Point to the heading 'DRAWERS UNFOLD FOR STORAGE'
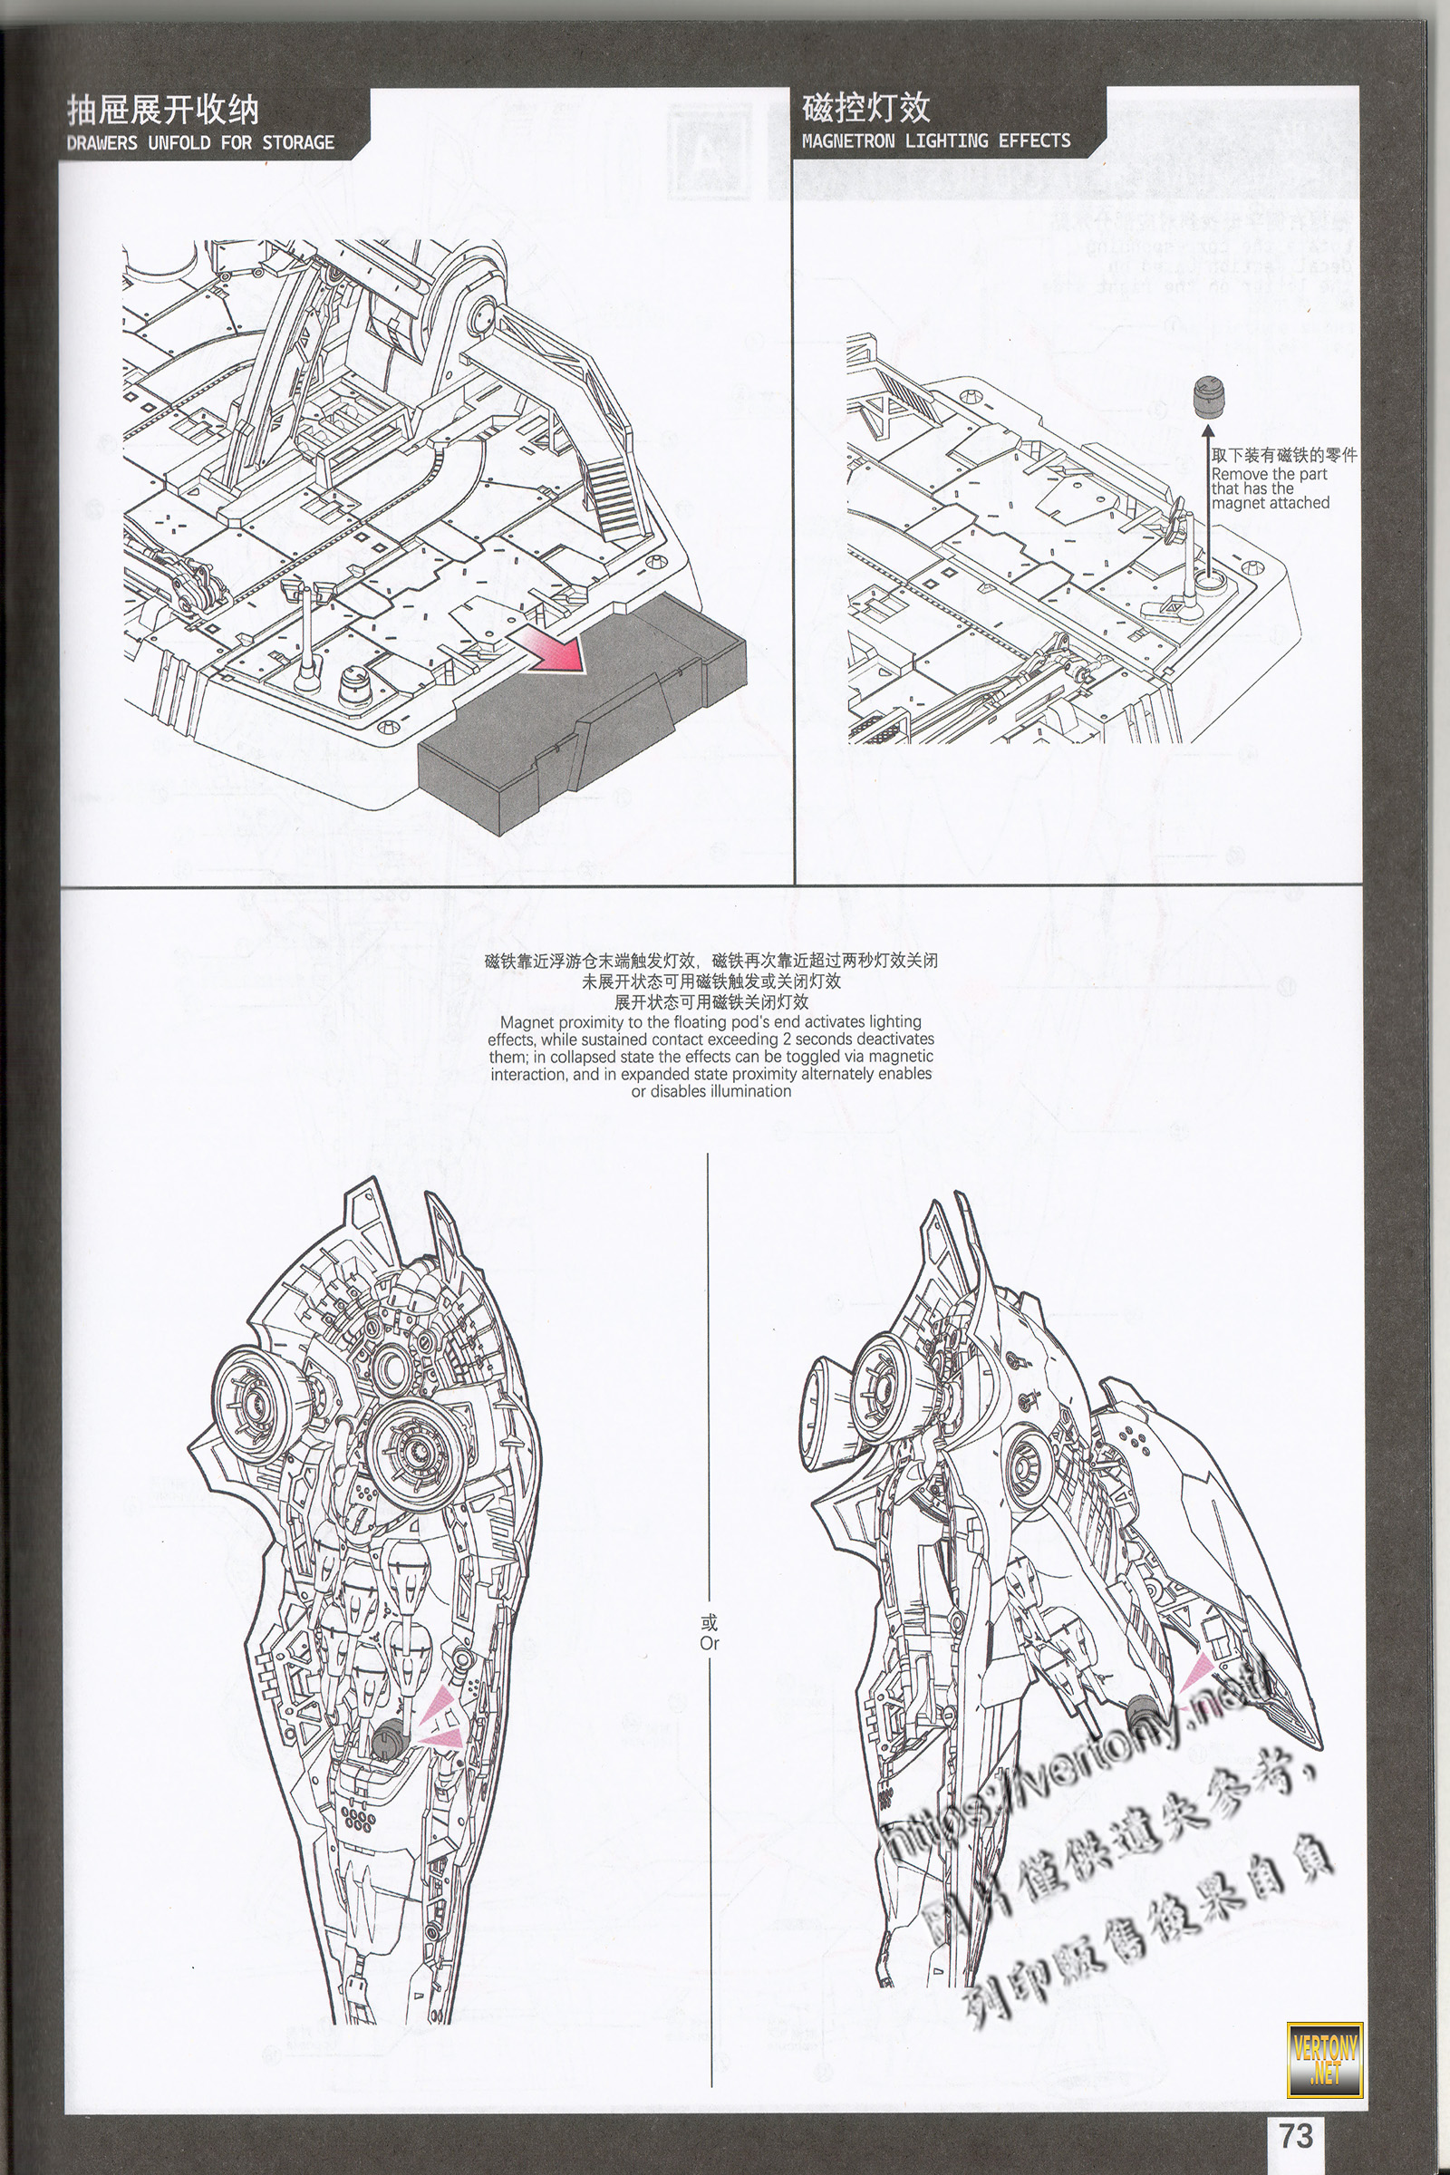point(200,142)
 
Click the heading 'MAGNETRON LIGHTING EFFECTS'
point(936,140)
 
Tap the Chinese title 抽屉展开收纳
point(163,111)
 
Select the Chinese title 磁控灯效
point(865,109)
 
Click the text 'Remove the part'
point(1269,474)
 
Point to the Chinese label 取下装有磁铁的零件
point(1283,456)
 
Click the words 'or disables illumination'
point(711,1091)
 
